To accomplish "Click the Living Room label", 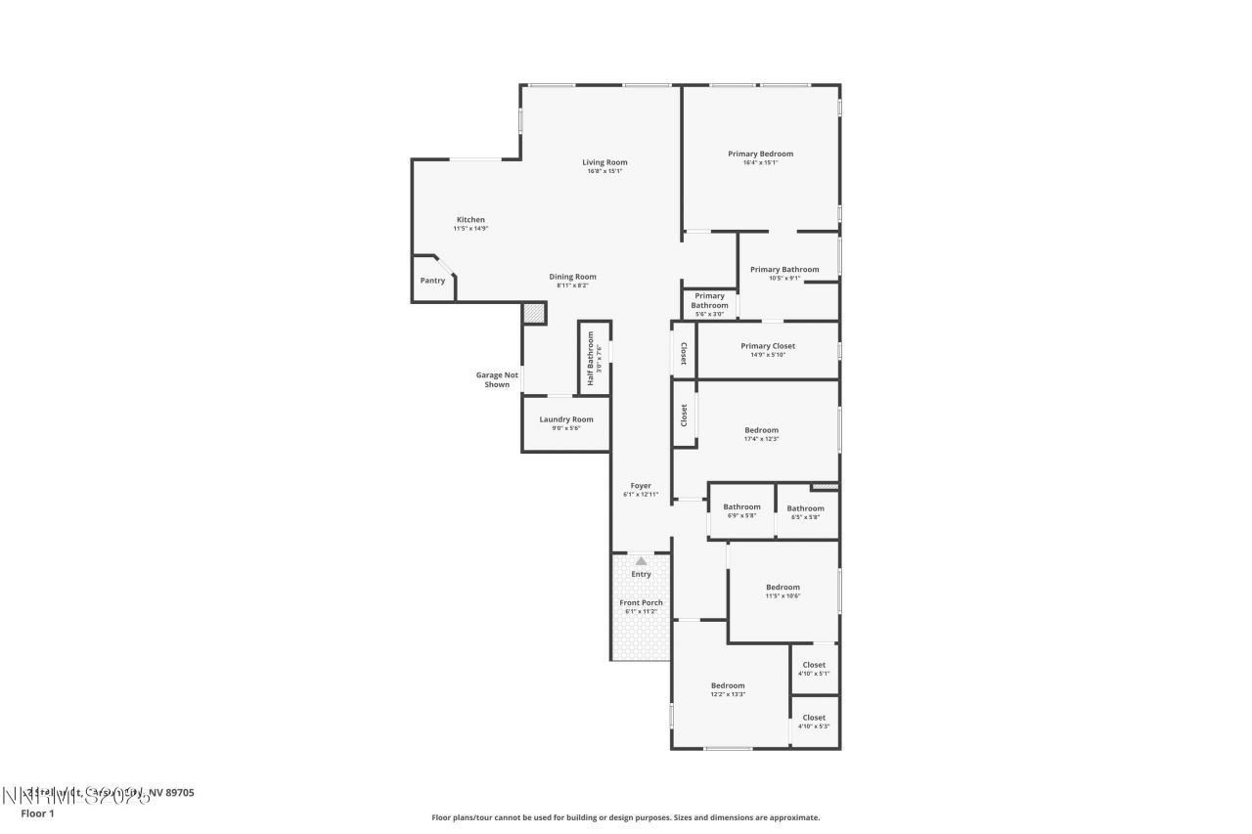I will [x=604, y=162].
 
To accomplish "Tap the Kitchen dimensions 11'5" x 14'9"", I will [x=470, y=229].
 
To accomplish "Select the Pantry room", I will [x=432, y=281].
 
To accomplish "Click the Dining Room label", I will [x=572, y=277].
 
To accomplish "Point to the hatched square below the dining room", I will [x=533, y=314].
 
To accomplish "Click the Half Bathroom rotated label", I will [x=592, y=357].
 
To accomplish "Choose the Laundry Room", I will [x=566, y=420].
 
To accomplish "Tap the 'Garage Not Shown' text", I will [x=497, y=379].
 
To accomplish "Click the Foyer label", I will [x=641, y=486].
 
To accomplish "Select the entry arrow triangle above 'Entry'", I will [x=641, y=561].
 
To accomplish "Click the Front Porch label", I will [x=641, y=603].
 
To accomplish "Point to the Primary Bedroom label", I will [x=760, y=154].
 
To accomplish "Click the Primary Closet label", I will [x=768, y=346].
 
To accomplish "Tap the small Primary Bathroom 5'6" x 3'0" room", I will [x=709, y=303].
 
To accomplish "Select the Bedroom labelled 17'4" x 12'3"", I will [x=761, y=431].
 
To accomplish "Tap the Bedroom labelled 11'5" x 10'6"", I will [x=782, y=589].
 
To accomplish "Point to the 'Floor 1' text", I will [x=37, y=812].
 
